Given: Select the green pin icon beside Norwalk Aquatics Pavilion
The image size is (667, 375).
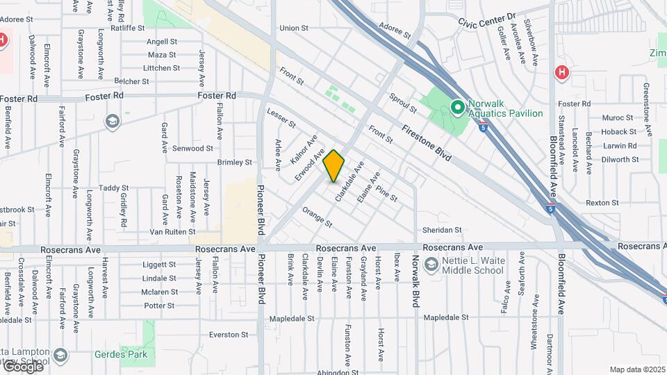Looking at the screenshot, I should [x=457, y=107].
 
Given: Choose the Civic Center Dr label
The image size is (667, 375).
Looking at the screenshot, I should [x=488, y=19].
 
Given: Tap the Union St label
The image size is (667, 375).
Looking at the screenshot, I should [x=293, y=28].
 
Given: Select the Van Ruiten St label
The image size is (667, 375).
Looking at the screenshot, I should [x=169, y=233].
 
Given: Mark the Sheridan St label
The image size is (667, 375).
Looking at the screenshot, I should [x=442, y=230].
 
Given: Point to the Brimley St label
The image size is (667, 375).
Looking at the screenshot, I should [x=234, y=162].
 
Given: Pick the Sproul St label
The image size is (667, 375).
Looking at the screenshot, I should [x=402, y=105].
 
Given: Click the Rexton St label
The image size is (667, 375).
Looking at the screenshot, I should [x=602, y=203].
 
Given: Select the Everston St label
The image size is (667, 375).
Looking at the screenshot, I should [x=229, y=335].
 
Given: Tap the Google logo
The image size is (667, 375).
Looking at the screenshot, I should [x=24, y=366].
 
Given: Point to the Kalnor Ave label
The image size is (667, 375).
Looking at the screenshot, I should [x=304, y=147].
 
